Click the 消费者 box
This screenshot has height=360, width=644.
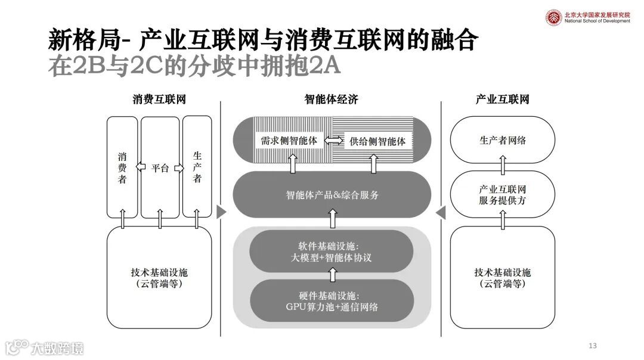click(122, 167)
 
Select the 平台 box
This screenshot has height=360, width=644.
click(160, 167)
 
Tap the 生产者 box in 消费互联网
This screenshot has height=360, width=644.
click(197, 167)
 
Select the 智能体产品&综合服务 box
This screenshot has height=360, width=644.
click(332, 195)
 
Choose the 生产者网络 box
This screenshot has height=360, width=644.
click(503, 141)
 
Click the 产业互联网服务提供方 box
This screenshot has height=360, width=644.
click(503, 195)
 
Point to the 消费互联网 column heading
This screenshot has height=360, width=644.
click(159, 100)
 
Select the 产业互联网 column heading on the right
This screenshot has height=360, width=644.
click(503, 100)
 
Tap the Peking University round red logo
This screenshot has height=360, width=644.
click(554, 17)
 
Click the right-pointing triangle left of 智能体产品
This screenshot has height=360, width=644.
click(222, 212)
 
